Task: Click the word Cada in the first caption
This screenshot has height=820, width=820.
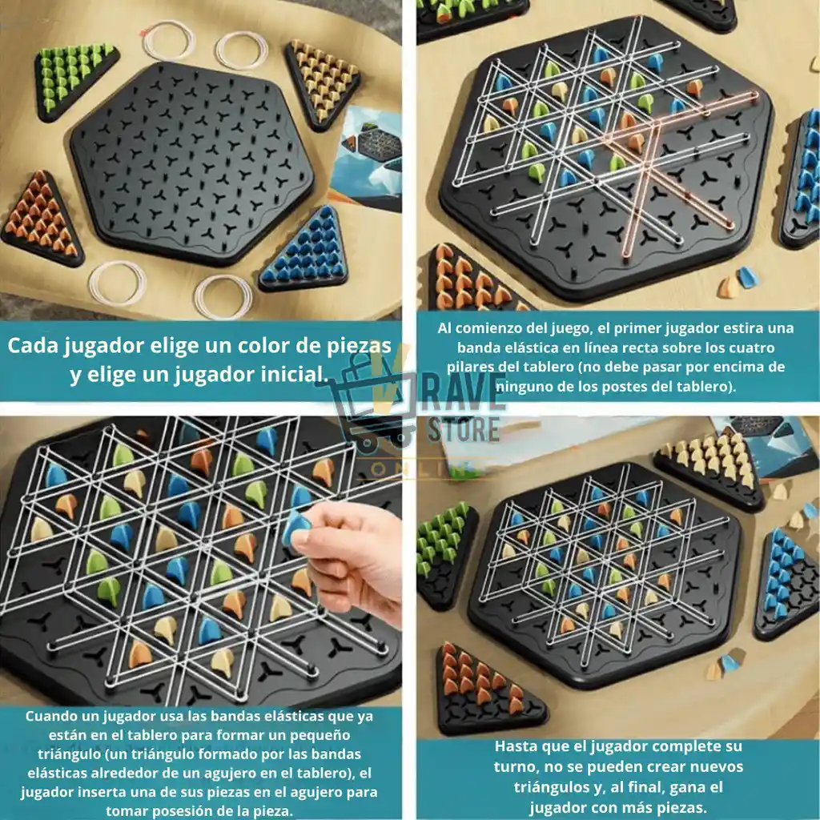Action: [x=32, y=346]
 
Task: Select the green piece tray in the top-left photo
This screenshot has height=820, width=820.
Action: [x=75, y=78]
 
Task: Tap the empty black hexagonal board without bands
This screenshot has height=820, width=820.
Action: [x=192, y=163]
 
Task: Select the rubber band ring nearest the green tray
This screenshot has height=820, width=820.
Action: [x=168, y=40]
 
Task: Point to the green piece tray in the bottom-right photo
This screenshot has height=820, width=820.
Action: [x=445, y=554]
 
